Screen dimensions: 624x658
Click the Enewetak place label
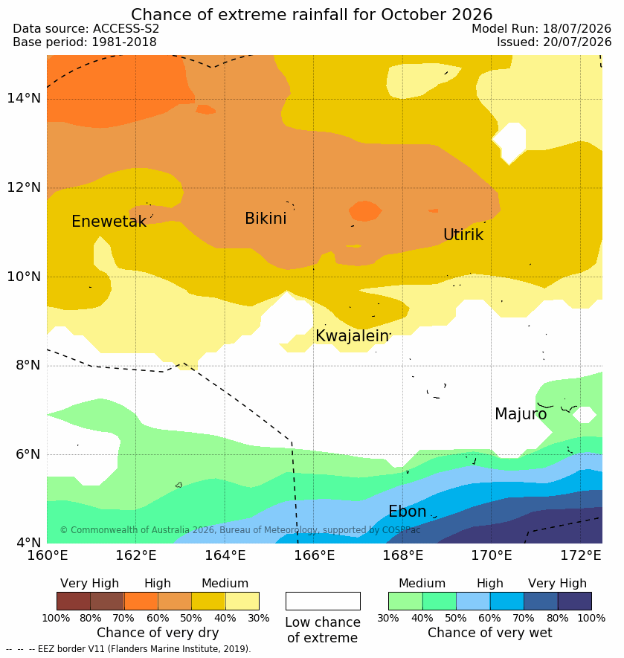[x=109, y=221]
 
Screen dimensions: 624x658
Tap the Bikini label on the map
[x=266, y=218]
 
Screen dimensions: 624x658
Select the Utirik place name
[x=463, y=235]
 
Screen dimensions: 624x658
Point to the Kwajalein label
[x=352, y=336]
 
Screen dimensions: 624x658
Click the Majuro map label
[x=521, y=414]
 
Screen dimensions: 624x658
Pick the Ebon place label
[x=408, y=511]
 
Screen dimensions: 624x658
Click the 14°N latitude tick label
[x=24, y=98]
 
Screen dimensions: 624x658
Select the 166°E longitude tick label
[x=314, y=555]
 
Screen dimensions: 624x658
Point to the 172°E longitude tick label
[x=581, y=555]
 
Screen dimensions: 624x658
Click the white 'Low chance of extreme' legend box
[x=323, y=601]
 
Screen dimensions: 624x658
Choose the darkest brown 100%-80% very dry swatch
[x=74, y=601]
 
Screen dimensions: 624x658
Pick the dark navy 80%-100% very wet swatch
[x=574, y=601]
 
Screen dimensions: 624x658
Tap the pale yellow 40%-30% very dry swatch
[x=242, y=601]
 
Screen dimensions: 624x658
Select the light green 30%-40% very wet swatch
[x=405, y=601]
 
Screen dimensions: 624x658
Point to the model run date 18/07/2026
[x=577, y=28]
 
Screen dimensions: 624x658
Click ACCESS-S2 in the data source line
[x=126, y=28]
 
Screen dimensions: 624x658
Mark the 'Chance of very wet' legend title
[x=489, y=633]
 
